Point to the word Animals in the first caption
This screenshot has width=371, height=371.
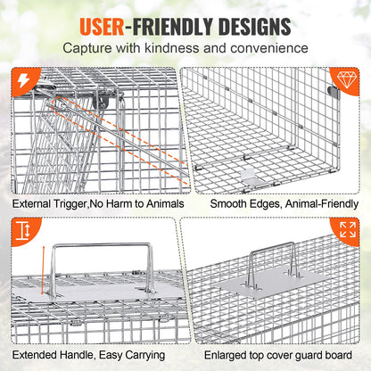161,204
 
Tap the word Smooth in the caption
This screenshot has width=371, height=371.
229,204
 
